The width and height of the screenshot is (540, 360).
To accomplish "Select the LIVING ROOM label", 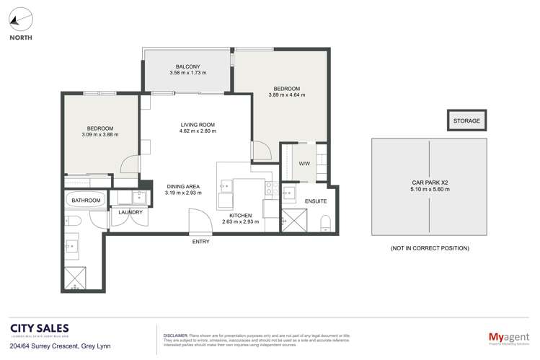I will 197,126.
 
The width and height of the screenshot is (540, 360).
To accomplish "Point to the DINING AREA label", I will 182,186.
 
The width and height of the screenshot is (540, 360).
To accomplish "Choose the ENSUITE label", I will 315,201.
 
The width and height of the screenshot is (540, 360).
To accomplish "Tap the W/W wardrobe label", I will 304,163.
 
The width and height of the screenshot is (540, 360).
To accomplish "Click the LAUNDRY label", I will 130,212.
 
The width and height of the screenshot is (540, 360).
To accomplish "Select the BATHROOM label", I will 86,200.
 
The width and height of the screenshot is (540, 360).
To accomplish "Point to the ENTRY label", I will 200,242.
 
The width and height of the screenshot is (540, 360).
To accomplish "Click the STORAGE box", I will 466,121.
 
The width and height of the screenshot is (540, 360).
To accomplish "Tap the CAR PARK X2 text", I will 429,183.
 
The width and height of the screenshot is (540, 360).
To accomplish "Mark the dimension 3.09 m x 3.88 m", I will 99,134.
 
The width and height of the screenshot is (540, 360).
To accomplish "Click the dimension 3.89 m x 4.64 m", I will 286,95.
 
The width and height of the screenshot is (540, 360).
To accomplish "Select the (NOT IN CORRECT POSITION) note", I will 429,248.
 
